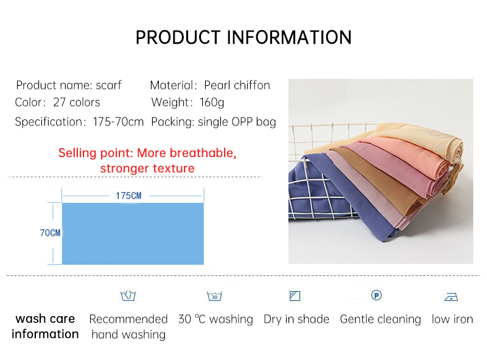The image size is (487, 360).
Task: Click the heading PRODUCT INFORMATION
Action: [243, 37]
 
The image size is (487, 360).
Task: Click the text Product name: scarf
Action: [69, 85]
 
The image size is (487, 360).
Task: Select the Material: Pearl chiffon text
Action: [210, 85]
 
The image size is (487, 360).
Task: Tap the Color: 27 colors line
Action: [58, 102]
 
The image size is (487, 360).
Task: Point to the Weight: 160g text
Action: [187, 102]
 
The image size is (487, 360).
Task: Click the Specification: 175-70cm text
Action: [79, 122]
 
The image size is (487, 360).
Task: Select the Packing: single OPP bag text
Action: [214, 122]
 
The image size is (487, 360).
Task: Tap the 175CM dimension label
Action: [128, 196]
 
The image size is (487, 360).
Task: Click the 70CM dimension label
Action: [50, 233]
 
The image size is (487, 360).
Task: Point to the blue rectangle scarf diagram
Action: [133, 234]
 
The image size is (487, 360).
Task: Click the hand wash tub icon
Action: [128, 296]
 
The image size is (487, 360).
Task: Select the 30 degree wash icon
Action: [214, 297]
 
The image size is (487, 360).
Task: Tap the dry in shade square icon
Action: [295, 297]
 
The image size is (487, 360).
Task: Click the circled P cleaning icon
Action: [376, 295]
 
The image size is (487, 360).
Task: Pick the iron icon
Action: [451, 297]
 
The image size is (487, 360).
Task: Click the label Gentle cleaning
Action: [380, 319]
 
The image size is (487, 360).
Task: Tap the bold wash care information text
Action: [45, 326]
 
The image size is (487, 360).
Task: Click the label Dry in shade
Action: [296, 319]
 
